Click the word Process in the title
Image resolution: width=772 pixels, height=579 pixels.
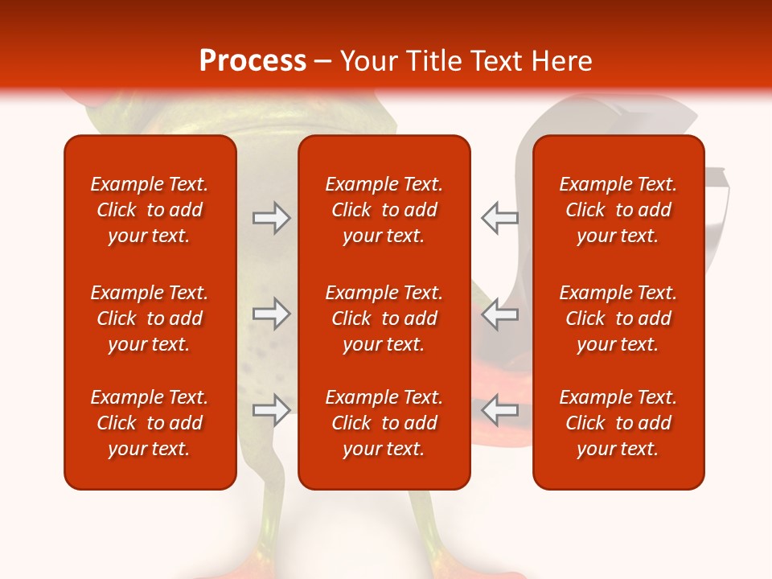pyautogui.click(x=253, y=61)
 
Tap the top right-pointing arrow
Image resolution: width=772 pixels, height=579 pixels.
pyautogui.click(x=271, y=218)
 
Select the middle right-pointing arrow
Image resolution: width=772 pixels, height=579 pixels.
pyautogui.click(x=271, y=314)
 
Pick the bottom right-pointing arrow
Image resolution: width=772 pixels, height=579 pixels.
pyautogui.click(x=271, y=410)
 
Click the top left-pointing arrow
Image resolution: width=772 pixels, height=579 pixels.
pyautogui.click(x=499, y=218)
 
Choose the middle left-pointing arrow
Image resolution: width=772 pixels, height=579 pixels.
pyautogui.click(x=499, y=314)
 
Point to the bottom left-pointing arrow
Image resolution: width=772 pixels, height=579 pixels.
pyautogui.click(x=499, y=410)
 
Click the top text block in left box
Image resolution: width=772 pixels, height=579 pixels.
pyautogui.click(x=150, y=210)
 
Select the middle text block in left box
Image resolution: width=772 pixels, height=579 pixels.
pyautogui.click(x=150, y=318)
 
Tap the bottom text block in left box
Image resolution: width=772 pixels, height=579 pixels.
pyautogui.click(x=150, y=423)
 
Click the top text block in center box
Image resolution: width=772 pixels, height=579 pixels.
pyautogui.click(x=384, y=210)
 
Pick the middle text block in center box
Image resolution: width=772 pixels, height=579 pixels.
pyautogui.click(x=384, y=318)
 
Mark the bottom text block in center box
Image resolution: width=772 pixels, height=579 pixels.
pyautogui.click(x=384, y=423)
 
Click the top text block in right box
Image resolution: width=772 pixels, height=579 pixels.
pyautogui.click(x=618, y=210)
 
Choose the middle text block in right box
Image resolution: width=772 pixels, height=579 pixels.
pyautogui.click(x=618, y=318)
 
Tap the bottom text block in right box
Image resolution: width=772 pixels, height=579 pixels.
pyautogui.click(x=618, y=423)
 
